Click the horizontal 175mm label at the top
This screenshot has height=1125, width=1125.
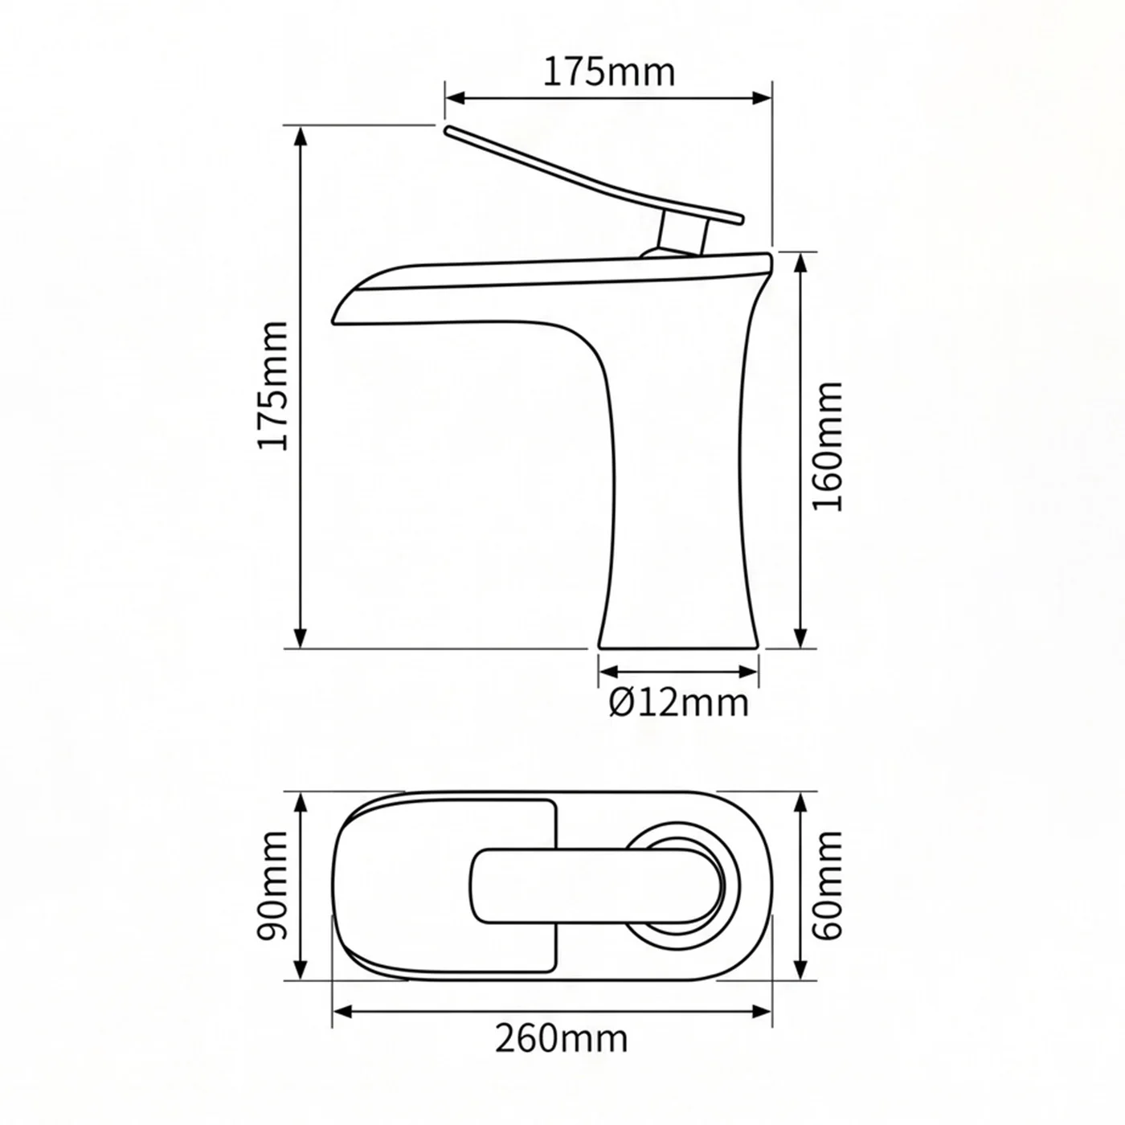(609, 72)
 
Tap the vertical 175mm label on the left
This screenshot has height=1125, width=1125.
(273, 386)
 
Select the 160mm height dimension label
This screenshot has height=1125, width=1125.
(828, 448)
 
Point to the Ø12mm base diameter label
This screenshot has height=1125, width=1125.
(679, 703)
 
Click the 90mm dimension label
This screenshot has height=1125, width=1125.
(272, 886)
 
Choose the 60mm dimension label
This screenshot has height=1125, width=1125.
(828, 886)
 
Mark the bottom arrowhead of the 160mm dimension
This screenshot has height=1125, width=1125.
(800, 637)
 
